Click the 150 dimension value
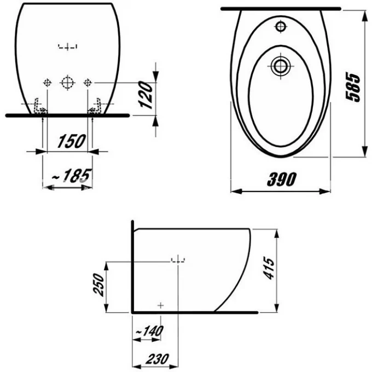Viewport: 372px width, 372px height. (72, 141)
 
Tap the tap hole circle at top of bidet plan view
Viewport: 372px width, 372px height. (282, 26)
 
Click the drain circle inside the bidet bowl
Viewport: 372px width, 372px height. (281, 67)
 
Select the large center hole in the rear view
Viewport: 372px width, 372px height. (67, 83)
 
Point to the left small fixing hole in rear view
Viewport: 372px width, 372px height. (47, 83)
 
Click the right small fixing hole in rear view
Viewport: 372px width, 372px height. (86, 83)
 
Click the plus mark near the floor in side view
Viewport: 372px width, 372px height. (160, 304)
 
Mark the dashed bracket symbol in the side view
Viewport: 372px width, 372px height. (178, 259)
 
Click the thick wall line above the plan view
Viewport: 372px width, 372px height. (281, 8)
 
